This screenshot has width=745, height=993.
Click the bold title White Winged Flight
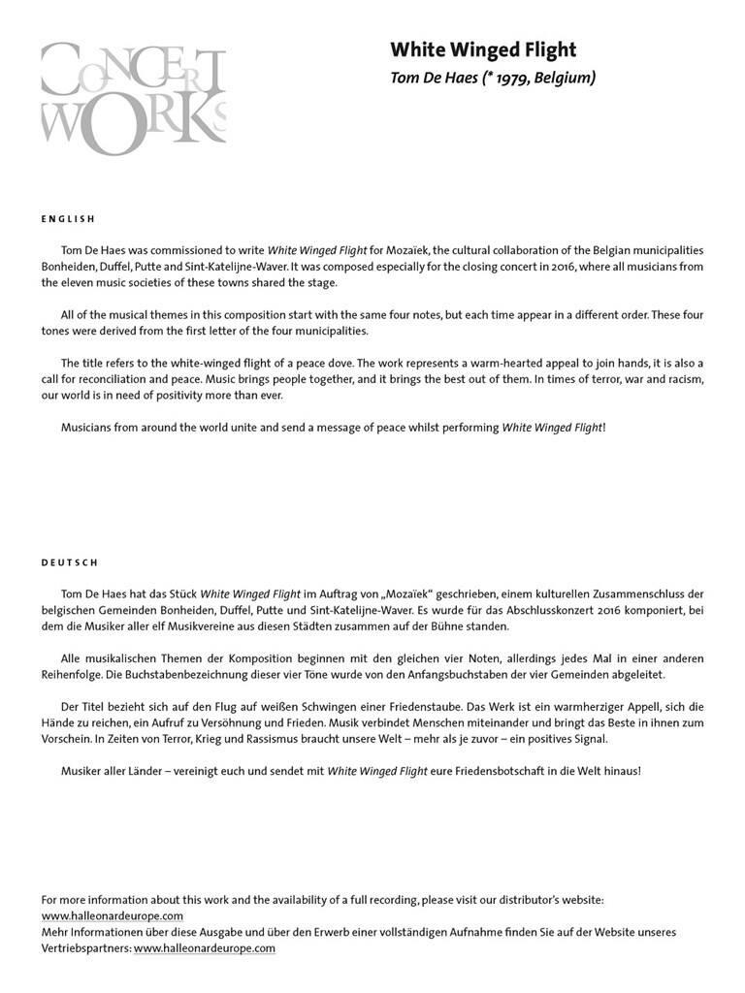click(483, 49)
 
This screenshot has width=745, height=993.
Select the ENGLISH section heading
click(68, 219)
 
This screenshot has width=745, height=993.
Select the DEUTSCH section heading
click(70, 562)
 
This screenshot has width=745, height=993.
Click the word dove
click(336, 362)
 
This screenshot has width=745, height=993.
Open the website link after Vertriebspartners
click(205, 948)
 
